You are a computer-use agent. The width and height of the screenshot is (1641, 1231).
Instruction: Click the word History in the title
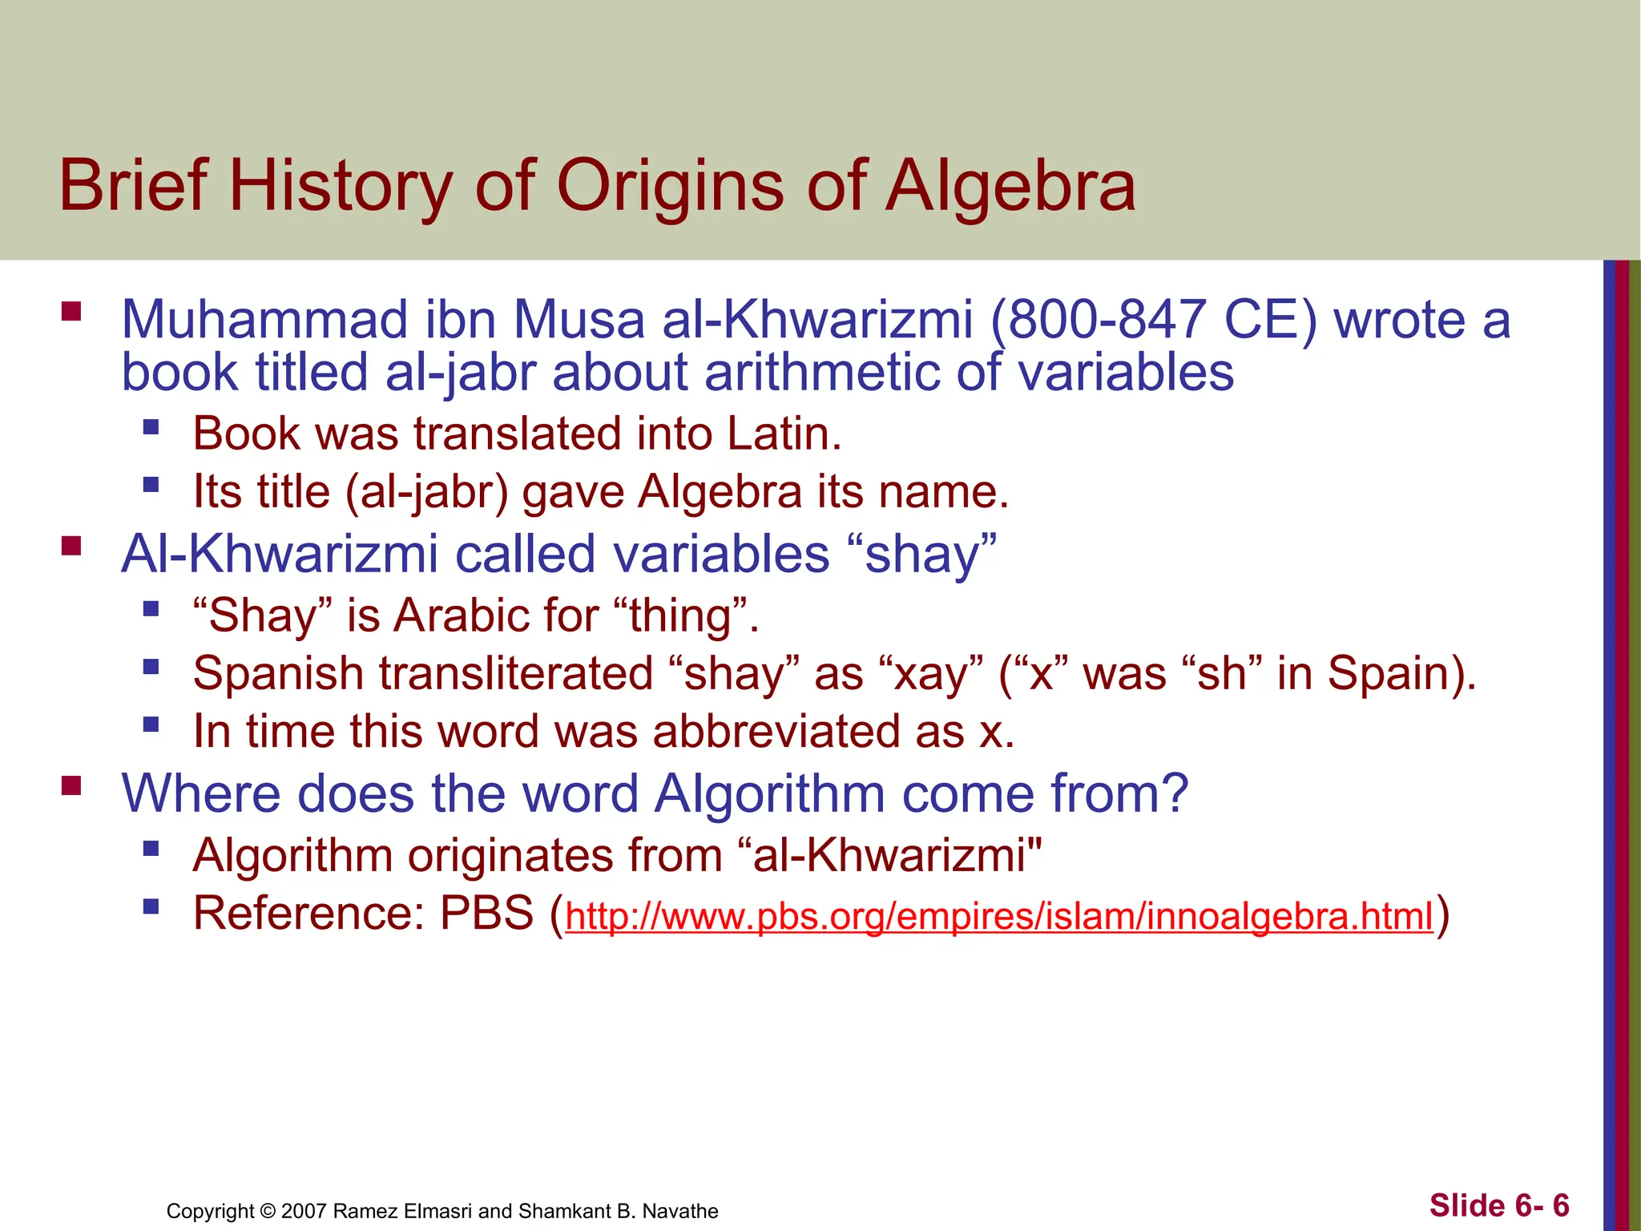(x=341, y=186)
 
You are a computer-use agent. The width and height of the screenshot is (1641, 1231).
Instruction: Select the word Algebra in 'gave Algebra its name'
(x=720, y=491)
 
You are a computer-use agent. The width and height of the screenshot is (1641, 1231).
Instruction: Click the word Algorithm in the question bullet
(x=769, y=793)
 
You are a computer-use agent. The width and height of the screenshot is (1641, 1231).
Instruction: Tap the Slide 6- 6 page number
(x=1499, y=1205)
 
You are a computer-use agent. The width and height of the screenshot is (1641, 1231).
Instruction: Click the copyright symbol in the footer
(x=268, y=1211)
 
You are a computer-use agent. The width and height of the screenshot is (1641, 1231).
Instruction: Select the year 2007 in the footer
(x=304, y=1211)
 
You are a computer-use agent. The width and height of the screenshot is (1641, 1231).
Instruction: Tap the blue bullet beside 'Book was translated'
(x=151, y=426)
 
